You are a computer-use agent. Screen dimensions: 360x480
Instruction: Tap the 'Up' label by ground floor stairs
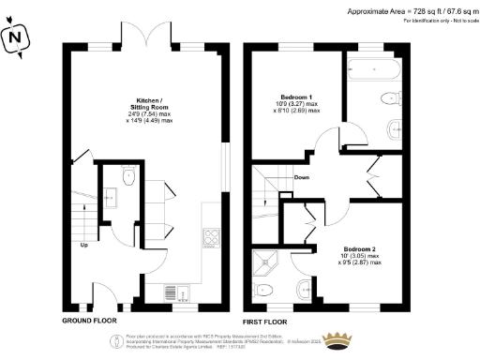pyautogui.click(x=83, y=246)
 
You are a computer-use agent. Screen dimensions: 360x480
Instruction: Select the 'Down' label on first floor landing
pyautogui.click(x=302, y=176)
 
